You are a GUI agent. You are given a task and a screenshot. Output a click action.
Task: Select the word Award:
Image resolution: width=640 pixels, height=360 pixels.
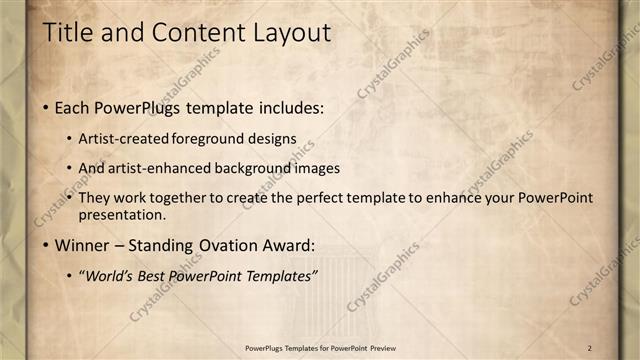(287, 245)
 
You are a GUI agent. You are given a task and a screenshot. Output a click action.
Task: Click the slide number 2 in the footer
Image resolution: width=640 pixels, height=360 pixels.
(590, 347)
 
